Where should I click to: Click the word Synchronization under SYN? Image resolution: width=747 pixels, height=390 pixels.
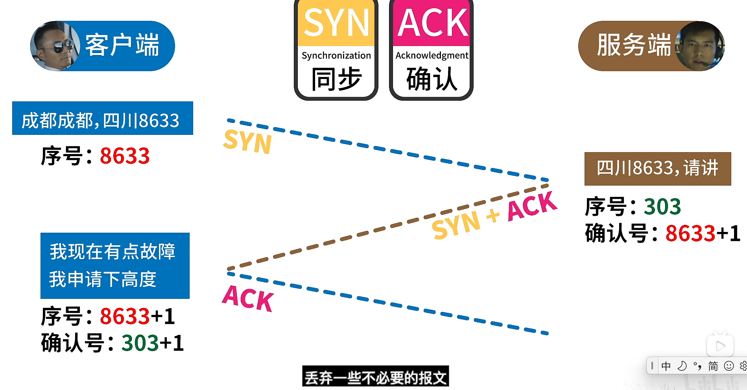[336, 55]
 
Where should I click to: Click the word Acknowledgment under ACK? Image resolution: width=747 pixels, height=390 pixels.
[432, 55]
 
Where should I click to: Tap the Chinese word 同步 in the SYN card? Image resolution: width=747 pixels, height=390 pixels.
[336, 79]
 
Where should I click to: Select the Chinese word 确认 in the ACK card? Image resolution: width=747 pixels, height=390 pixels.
[432, 79]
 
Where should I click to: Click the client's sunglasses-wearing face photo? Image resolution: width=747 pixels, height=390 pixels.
[55, 46]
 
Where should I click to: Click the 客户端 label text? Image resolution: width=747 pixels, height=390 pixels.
[122, 45]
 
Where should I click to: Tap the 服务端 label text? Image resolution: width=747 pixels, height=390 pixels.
[633, 45]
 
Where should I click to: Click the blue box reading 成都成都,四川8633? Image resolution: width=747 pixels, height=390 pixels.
[102, 118]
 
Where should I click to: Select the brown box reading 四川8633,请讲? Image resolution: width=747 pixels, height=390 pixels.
[657, 169]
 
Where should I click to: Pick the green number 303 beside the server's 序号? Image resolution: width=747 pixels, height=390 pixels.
[662, 207]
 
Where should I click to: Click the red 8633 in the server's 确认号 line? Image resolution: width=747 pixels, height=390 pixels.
[690, 233]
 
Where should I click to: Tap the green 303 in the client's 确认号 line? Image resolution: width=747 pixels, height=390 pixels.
[140, 343]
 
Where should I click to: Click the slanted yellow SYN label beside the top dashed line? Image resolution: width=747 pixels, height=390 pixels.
[247, 141]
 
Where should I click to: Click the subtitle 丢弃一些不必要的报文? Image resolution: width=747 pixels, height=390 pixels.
[375, 377]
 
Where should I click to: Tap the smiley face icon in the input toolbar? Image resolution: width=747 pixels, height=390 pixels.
[729, 366]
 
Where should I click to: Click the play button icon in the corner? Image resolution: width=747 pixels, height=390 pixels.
[720, 346]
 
